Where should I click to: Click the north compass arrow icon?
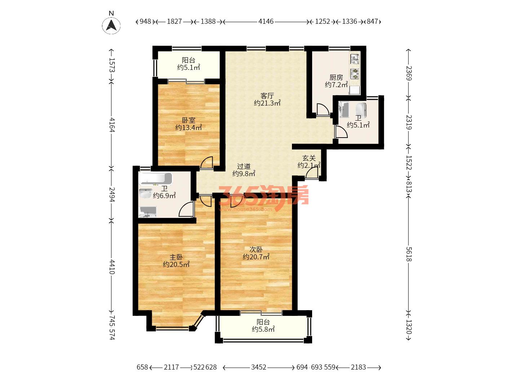point(111,25)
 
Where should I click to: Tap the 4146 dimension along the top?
point(266,22)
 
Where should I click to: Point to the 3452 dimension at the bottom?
point(258,367)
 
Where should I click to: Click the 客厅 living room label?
point(267,96)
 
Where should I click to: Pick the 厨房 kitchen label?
point(336,77)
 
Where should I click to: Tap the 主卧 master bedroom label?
point(176,257)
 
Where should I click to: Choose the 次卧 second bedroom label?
point(256,249)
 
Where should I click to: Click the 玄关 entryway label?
point(309,158)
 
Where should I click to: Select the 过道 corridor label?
point(244,166)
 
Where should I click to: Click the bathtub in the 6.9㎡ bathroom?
point(155,179)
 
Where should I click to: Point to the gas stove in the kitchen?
point(355,73)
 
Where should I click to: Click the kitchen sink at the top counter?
point(355,59)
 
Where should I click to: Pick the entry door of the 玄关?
point(312,174)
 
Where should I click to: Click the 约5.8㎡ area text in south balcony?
point(263,329)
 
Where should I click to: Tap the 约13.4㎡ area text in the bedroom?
point(188,128)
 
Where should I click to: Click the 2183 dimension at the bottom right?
point(358,367)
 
